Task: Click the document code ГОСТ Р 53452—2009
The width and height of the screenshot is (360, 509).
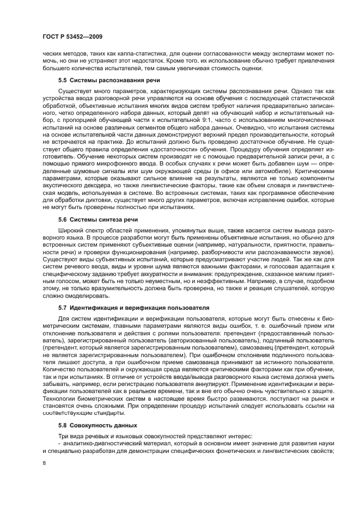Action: [x=72, y=36]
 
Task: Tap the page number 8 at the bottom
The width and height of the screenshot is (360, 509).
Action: [x=44, y=463]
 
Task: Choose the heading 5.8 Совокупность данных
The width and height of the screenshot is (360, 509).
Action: [x=97, y=425]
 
